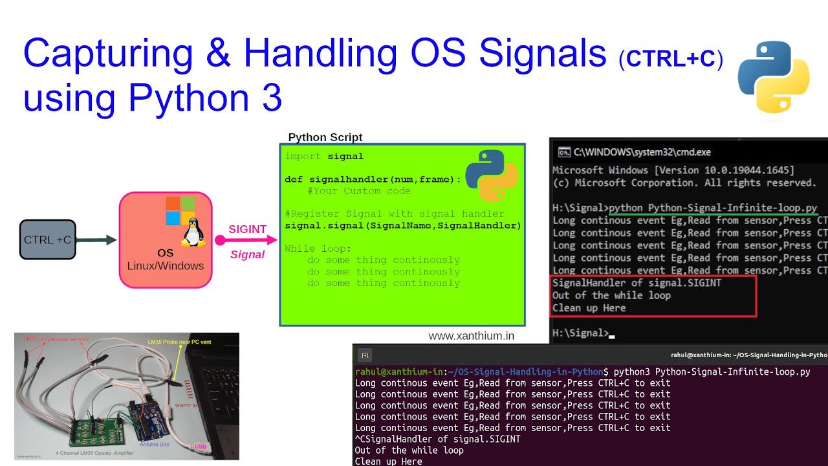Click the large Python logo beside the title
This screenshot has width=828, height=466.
click(x=774, y=76)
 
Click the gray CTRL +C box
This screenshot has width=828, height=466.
click(x=47, y=239)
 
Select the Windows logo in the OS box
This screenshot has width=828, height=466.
click(x=180, y=210)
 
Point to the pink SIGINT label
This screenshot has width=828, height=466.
click(x=247, y=229)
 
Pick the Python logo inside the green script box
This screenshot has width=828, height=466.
click(x=490, y=175)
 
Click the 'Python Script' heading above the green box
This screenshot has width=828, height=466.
click(x=325, y=137)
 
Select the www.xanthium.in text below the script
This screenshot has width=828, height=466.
click(x=471, y=336)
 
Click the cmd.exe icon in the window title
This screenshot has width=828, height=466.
click(x=563, y=152)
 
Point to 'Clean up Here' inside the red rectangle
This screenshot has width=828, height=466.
click(x=589, y=308)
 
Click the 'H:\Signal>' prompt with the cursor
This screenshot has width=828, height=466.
click(x=580, y=333)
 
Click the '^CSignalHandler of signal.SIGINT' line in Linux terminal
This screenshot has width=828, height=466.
click(x=438, y=439)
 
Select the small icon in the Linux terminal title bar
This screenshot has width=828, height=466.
click(x=365, y=355)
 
